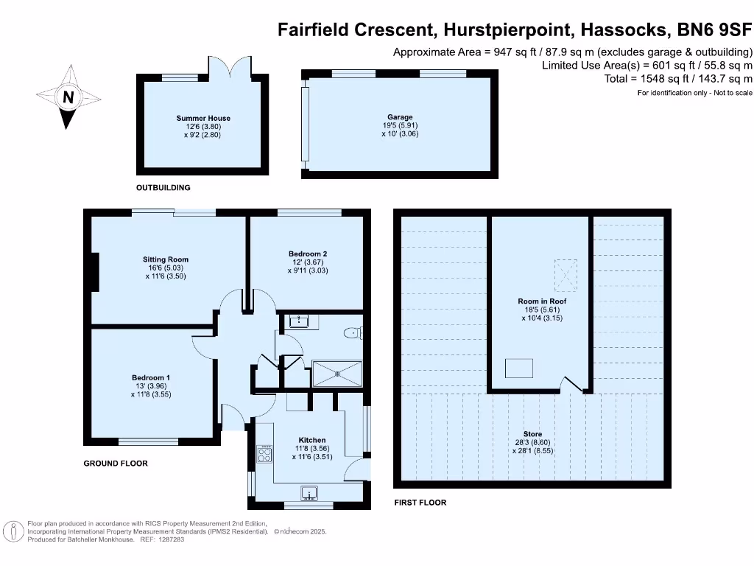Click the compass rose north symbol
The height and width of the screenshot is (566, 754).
coord(68,97)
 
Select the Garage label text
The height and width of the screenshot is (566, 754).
coord(401,117)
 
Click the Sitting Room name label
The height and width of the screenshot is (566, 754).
coord(166,259)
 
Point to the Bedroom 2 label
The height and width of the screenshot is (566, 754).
coord(308,254)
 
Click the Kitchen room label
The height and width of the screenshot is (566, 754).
coord(312,440)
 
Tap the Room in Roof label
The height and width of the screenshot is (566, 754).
coord(542,301)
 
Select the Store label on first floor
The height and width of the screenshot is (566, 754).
coord(532,434)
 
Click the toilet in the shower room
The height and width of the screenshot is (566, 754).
coord(353,333)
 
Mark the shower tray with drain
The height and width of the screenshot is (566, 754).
coord(338,373)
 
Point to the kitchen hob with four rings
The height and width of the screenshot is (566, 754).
coord(264,454)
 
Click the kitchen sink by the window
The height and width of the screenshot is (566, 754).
coord(309,493)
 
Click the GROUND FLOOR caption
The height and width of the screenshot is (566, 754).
coord(116,464)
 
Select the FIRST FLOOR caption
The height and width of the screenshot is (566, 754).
coord(420,503)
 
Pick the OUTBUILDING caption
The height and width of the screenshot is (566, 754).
coord(163,188)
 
